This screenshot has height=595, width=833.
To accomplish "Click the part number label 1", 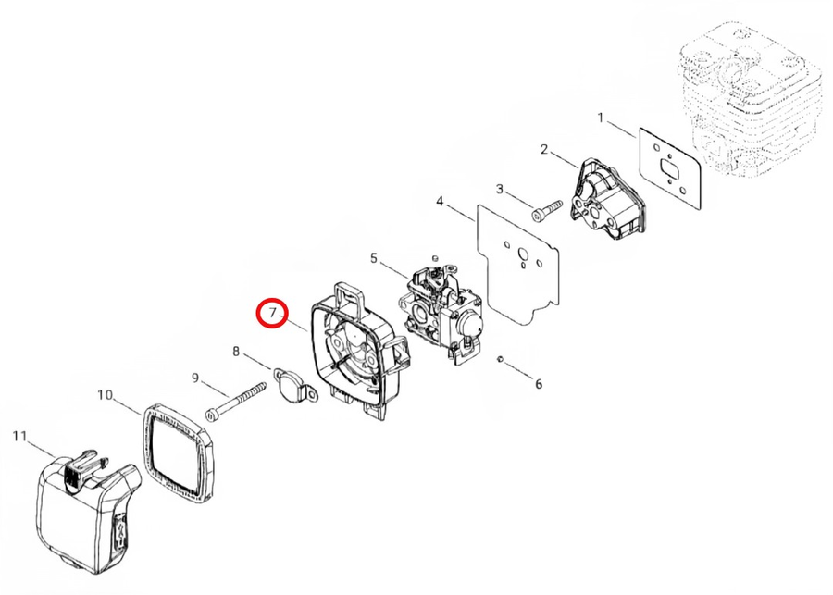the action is pyautogui.click(x=601, y=118).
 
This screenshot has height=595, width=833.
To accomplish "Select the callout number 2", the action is pyautogui.click(x=544, y=149).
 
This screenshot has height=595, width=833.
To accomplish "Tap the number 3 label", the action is pyautogui.click(x=500, y=189).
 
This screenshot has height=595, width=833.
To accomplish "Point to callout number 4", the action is pyautogui.click(x=440, y=202).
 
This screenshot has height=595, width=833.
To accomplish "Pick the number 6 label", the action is pyautogui.click(x=539, y=384).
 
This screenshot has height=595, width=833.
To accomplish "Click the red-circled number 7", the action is pyautogui.click(x=273, y=313).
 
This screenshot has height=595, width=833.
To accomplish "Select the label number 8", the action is pyautogui.click(x=236, y=351).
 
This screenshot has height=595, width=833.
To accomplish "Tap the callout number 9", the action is pyautogui.click(x=195, y=378).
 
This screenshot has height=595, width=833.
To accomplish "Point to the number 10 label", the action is pyautogui.click(x=106, y=395).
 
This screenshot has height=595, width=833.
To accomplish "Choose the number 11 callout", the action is pyautogui.click(x=19, y=436).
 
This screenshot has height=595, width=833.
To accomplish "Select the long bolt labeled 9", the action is pyautogui.click(x=235, y=400).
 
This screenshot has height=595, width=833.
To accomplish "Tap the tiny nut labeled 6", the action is pyautogui.click(x=500, y=360).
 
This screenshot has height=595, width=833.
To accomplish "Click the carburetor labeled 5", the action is pyautogui.click(x=441, y=309).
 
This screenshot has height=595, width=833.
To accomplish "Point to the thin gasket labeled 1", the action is pyautogui.click(x=670, y=167).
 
